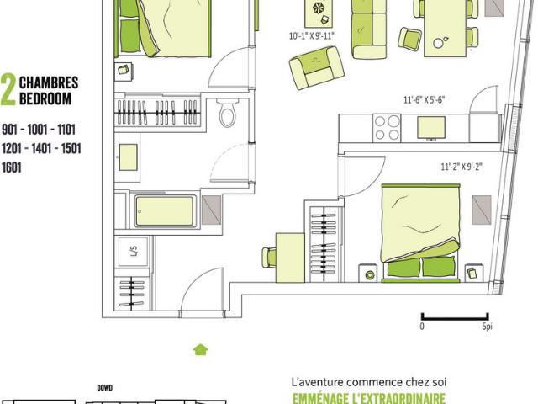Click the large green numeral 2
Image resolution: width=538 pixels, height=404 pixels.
click(8, 91)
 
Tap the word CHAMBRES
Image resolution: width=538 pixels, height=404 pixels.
click(49, 83)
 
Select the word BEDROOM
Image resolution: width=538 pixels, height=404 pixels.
click(45, 98)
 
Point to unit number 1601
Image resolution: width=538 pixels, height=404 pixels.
click(12, 167)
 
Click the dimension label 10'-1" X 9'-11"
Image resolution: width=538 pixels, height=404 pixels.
click(311, 36)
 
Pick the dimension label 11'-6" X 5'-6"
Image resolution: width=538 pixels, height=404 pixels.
click(424, 99)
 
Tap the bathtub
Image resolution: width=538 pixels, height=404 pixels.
click(163, 210)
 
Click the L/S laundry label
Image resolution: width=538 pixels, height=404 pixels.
click(133, 250)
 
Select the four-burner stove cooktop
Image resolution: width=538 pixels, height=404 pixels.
click(387, 128)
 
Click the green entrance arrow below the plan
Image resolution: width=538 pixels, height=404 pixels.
click(200, 348)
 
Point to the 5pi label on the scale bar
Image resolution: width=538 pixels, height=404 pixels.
click(487, 327)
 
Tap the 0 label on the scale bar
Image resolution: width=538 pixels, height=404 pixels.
click(422, 327)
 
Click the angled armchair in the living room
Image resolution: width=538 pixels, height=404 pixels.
click(315, 68)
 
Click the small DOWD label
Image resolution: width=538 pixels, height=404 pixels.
click(105, 388)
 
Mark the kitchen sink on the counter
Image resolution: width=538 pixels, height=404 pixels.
click(432, 127)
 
